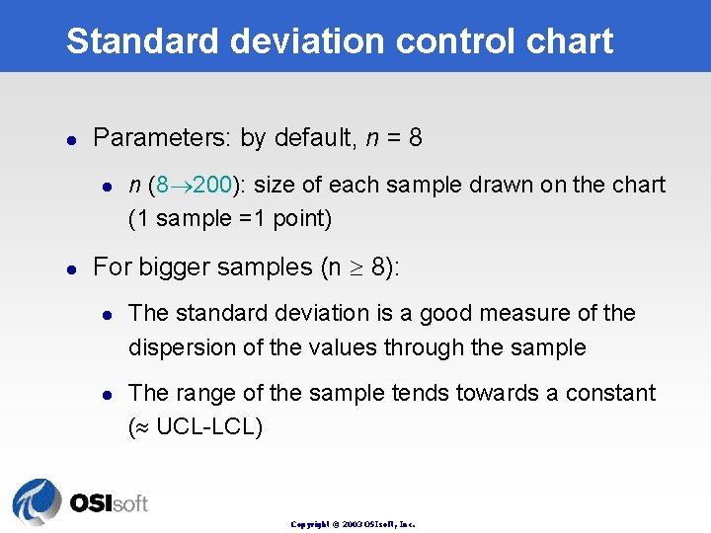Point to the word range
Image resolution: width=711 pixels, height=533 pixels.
(x=203, y=394)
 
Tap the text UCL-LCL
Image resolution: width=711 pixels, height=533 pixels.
(x=208, y=428)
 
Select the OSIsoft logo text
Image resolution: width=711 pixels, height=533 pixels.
(x=109, y=502)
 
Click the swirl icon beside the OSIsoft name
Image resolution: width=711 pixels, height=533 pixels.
(x=38, y=500)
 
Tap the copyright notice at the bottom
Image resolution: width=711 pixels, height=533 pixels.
(x=353, y=524)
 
